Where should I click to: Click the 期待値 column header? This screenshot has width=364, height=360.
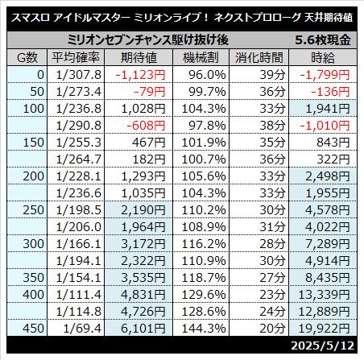[x=139, y=57]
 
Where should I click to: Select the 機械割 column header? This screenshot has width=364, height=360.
[x=201, y=57]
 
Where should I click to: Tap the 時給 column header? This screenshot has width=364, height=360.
[x=323, y=57]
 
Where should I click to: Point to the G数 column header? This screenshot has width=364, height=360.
[x=27, y=57]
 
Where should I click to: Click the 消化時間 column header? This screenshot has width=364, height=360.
[x=259, y=57]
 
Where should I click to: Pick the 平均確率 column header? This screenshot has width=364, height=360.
[x=76, y=57]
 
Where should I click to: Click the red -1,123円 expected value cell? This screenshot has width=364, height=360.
[x=140, y=75]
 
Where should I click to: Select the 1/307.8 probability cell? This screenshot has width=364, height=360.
[x=79, y=75]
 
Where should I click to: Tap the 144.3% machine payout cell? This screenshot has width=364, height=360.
[x=204, y=328]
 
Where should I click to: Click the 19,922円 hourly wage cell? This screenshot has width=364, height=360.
[x=324, y=328]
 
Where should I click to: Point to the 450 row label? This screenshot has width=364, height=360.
[x=33, y=328]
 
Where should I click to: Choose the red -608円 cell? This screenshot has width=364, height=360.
[x=146, y=126]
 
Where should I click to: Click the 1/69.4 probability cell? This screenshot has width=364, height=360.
[x=82, y=328]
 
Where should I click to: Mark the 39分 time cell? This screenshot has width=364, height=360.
[x=272, y=75]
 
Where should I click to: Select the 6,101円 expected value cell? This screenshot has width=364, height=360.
[x=143, y=328]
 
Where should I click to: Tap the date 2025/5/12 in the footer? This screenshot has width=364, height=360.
[x=322, y=346]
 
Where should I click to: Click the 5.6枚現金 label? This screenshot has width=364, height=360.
[x=323, y=40]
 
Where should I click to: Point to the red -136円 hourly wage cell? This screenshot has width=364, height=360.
[x=330, y=92]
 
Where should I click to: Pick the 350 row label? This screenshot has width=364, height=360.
[x=33, y=277]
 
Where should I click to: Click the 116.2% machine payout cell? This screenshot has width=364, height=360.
[x=204, y=244]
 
